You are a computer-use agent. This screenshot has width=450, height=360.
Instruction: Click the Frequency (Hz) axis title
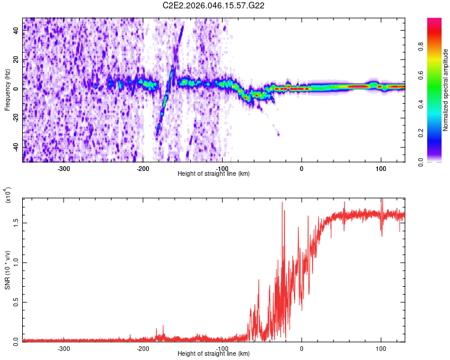(7, 89)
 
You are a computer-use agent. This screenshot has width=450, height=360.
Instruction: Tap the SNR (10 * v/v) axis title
(7, 269)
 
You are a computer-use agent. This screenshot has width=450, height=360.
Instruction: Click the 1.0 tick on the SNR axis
(17, 262)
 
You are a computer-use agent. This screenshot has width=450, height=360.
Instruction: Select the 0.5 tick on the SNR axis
(17, 301)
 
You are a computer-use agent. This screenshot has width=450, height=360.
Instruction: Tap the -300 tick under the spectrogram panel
(64, 169)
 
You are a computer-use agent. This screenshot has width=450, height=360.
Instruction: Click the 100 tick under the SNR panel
(380, 349)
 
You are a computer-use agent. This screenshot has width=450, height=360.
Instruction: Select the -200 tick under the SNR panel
(143, 349)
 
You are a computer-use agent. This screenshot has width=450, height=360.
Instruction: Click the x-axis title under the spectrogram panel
(214, 174)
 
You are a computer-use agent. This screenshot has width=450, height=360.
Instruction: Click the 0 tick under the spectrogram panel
(302, 169)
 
